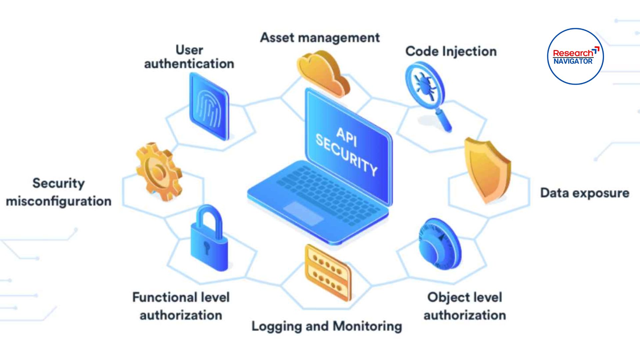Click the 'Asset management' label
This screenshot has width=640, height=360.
(x=320, y=38)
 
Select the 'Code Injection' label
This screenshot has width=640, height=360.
(x=451, y=51)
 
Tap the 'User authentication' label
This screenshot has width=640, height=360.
(x=189, y=57)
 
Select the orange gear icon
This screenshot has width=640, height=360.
(x=159, y=172)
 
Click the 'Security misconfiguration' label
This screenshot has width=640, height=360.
(x=59, y=192)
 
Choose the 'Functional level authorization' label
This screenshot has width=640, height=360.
(x=181, y=306)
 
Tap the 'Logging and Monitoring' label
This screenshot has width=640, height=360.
(x=327, y=326)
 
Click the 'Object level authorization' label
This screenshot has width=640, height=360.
(x=465, y=306)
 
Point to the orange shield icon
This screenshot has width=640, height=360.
(x=487, y=169)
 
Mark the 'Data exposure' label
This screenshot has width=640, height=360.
(x=585, y=193)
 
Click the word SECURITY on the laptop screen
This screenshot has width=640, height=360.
(x=346, y=155)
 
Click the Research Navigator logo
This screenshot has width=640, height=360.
(x=575, y=56)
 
